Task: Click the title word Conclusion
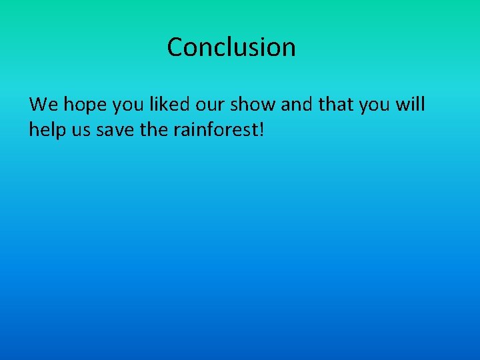click(x=231, y=47)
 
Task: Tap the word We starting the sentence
click(x=44, y=105)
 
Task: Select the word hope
click(x=83, y=105)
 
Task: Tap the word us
click(x=82, y=130)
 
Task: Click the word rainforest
click(x=216, y=129)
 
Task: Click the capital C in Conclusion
click(x=175, y=47)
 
